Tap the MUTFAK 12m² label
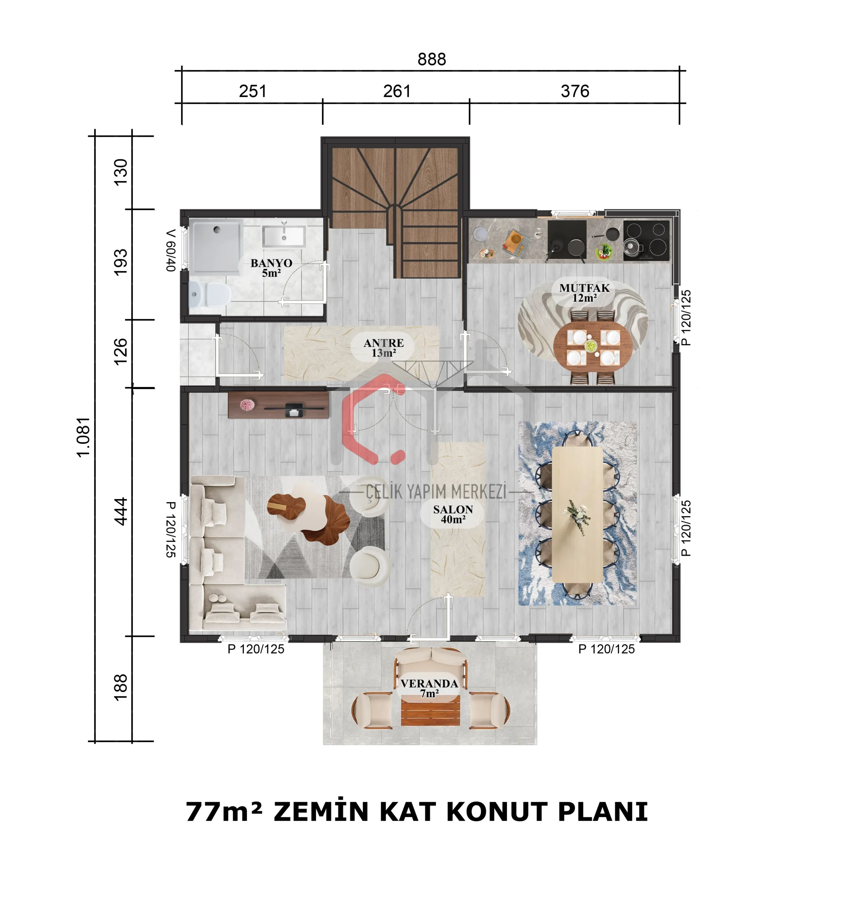coord(584,293)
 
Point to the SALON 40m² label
coord(453,514)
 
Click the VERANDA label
coord(429,688)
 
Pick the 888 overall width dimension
coord(432,59)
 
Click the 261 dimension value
coord(397,91)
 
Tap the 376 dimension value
coord(575,91)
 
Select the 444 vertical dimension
coord(121,511)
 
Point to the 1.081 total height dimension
coord(83,437)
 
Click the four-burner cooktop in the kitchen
coord(646,241)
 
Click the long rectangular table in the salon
coord(577,514)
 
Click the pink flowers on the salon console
coord(247,405)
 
